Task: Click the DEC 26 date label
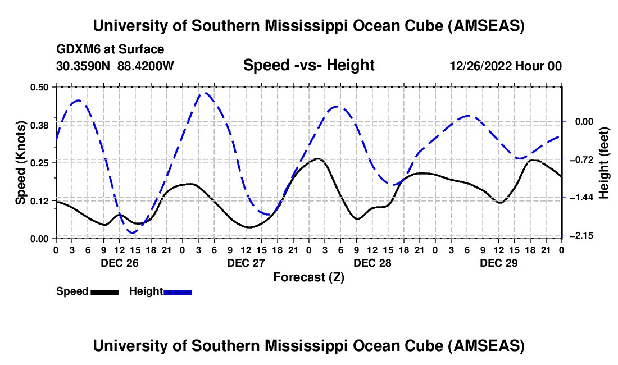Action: coord(119,263)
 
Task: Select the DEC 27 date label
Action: coord(245,263)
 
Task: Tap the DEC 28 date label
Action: coord(371,263)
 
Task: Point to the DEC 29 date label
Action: coord(498,263)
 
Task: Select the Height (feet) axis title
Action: coord(605,162)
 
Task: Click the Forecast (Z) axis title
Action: coord(308,277)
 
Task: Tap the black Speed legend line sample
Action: coord(104,291)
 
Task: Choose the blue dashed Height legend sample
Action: coord(178,291)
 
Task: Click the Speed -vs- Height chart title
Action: coord(308,65)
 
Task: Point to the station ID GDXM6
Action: coord(79,49)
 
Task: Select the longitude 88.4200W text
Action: coord(146,66)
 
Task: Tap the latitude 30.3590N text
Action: coord(84,66)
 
